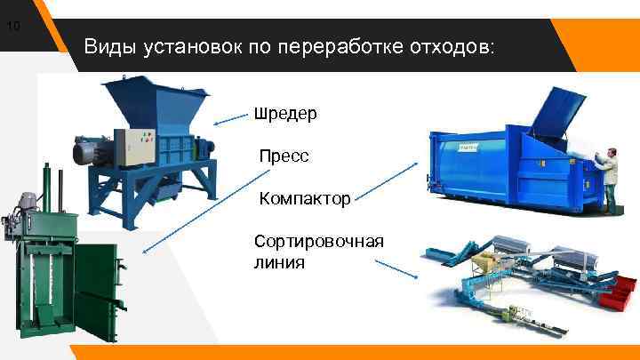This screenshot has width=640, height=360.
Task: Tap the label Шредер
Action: pyautogui.click(x=285, y=114)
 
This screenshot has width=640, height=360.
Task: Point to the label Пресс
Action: pyautogui.click(x=284, y=156)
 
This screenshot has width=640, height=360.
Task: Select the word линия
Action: pyautogui.click(x=278, y=262)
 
